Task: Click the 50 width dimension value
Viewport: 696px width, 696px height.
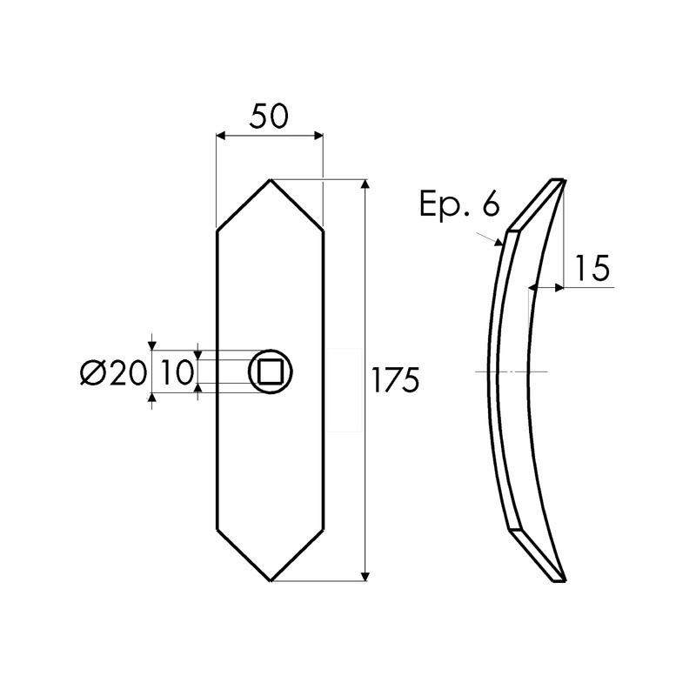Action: tap(269, 116)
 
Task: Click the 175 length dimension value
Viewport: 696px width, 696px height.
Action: tap(396, 380)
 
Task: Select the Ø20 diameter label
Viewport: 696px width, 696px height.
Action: tap(113, 372)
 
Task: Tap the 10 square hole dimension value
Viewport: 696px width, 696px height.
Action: tap(177, 372)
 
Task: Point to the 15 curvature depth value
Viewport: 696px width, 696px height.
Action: tap(592, 268)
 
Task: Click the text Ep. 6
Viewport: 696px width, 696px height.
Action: tap(459, 204)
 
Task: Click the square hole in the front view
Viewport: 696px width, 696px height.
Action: tap(271, 371)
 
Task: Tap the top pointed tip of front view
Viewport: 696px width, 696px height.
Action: tap(271, 179)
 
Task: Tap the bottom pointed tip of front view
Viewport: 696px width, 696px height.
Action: tap(271, 580)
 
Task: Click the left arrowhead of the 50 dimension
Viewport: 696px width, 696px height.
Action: tap(221, 136)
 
